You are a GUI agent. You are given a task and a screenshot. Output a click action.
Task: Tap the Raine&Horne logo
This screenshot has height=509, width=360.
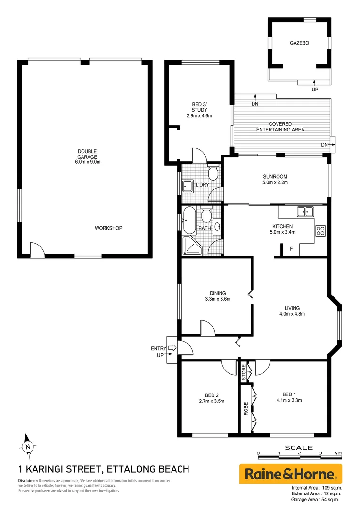pos(291,473)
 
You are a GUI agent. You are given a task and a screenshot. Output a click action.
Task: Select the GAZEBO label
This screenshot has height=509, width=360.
pos(299,43)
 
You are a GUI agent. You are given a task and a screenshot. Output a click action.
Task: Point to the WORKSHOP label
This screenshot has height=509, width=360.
pos(108,228)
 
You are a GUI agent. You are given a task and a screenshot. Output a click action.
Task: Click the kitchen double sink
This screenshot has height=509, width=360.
pos(305,212)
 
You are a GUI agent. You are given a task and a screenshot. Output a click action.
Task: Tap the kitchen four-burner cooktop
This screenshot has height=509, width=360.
pos(320,231)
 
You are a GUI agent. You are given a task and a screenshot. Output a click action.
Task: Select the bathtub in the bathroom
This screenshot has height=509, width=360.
pos(189,220)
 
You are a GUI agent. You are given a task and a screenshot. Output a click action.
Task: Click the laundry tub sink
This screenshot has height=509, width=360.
pos(188,187)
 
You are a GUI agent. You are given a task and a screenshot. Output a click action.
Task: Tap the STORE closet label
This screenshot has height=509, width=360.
pos(244,372)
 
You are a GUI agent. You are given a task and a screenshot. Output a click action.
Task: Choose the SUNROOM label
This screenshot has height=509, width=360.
pos(275,177)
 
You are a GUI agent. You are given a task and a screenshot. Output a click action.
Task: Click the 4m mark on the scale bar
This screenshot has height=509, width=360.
pos(338,453)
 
